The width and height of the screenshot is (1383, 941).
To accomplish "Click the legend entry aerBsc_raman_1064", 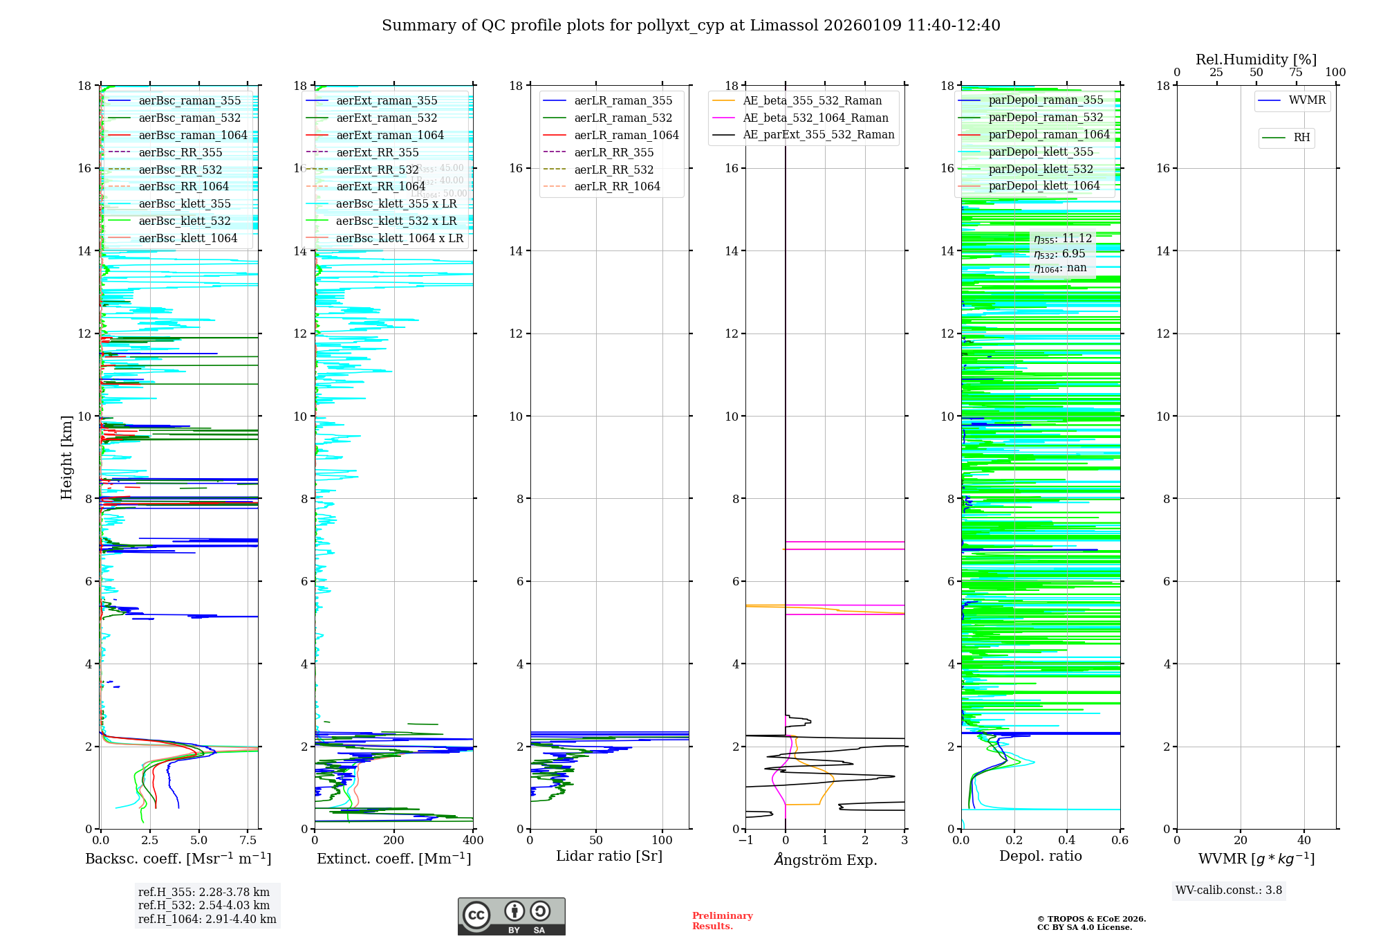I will tap(192, 135).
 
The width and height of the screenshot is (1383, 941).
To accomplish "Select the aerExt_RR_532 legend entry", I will tap(377, 170).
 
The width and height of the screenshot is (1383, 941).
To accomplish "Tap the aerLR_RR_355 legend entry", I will tap(613, 152).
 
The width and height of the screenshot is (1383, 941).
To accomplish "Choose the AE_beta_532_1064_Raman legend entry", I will tap(815, 118).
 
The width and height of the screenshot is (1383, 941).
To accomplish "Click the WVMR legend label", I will tap(1307, 100).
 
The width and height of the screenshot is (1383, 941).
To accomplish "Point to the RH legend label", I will tap(1301, 138).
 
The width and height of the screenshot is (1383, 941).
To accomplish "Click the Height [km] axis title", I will tap(66, 457).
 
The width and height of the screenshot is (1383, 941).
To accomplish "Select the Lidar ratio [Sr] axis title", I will tap(609, 857).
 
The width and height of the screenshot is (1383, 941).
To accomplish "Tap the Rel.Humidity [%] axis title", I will tap(1256, 60).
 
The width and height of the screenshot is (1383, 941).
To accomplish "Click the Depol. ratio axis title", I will tap(1040, 857).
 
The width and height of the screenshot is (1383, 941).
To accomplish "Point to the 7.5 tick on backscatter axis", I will tap(248, 841).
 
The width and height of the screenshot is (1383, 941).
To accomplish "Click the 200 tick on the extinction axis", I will tap(393, 841).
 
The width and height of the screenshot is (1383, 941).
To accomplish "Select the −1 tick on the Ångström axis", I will tap(745, 841).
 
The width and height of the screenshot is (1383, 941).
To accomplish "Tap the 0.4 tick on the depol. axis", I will tap(1067, 841).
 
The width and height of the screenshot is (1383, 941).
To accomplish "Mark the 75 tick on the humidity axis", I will tap(1295, 73).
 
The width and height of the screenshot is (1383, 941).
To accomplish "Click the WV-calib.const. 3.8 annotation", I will tap(1228, 890).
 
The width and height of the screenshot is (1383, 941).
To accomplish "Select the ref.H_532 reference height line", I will tap(203, 906).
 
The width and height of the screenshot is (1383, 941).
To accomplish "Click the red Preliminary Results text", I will tap(722, 921).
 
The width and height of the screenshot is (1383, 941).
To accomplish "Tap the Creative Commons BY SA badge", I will tap(511, 916).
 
